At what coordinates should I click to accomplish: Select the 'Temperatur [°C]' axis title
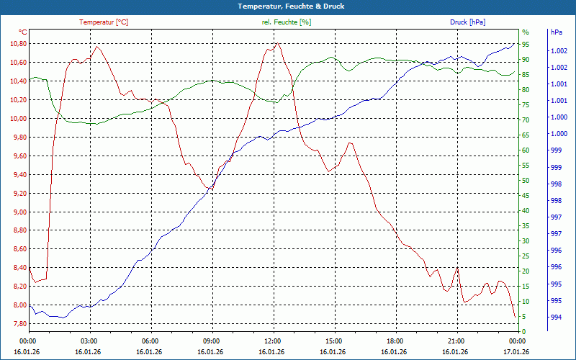click(104, 22)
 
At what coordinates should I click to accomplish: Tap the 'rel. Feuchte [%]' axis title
click(287, 22)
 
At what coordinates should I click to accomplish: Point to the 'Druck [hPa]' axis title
click(467, 22)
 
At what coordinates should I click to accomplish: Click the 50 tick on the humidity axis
click(526, 181)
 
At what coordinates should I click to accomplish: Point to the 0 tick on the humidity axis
click(523, 332)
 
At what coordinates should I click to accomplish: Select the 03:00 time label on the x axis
click(89, 341)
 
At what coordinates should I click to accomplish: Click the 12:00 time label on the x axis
click(272, 341)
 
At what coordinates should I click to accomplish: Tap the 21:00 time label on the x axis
click(456, 341)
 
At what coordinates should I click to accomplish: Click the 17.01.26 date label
click(516, 352)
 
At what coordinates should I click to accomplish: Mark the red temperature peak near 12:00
click(277, 43)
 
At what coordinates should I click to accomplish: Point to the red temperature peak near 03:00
click(96, 47)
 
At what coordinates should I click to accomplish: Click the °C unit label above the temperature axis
click(23, 32)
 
